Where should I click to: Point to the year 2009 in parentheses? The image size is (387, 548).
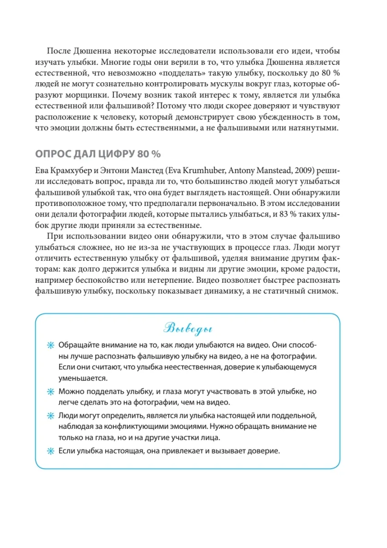point(305,171)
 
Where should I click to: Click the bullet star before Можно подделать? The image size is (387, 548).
point(51,392)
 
